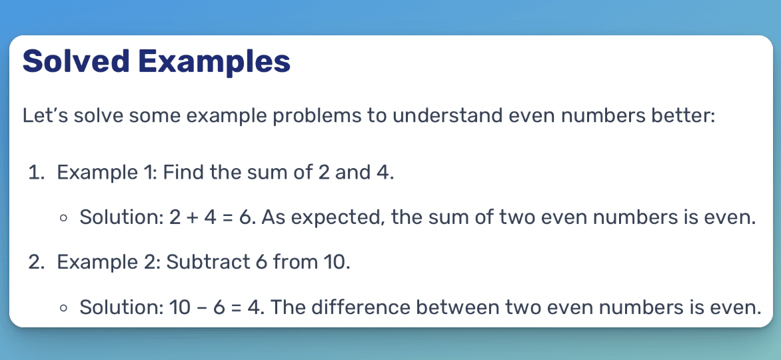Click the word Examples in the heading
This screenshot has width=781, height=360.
coord(215,61)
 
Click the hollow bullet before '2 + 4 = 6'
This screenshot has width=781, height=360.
coord(63,218)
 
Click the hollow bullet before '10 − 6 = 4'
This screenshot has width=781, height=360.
coord(63,308)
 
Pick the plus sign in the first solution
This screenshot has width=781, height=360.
coord(193,217)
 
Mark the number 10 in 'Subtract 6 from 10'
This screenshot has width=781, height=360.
coord(335,262)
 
